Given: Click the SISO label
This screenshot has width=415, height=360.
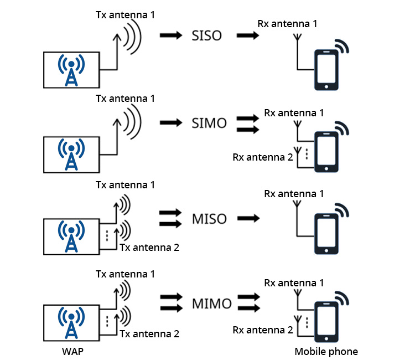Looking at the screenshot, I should [x=206, y=36].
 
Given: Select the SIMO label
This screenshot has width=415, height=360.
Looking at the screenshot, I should [x=209, y=123].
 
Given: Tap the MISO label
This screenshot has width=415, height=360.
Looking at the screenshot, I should [x=209, y=219].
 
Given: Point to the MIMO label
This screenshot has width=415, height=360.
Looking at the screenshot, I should [x=211, y=304].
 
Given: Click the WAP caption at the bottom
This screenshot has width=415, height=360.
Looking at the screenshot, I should [x=73, y=352].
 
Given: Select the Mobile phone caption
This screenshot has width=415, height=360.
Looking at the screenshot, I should [x=326, y=352].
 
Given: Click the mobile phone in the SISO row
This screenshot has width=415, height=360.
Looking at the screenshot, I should [x=326, y=70].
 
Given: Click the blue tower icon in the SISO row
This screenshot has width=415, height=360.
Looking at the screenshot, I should [x=71, y=70].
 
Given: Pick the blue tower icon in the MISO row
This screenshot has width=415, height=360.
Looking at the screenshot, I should [x=71, y=236].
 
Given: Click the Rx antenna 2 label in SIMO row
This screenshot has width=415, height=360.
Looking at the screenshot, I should [x=263, y=157].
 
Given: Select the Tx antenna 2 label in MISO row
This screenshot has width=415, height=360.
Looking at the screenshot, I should [x=149, y=247].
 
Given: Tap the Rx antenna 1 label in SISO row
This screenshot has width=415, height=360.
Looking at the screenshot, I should [x=287, y=24].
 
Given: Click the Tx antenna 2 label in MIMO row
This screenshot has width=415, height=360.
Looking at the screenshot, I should [x=149, y=334].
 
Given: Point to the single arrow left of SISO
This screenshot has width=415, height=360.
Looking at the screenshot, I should [x=170, y=36].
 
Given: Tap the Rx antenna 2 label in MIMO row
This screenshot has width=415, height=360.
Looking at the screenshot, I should [x=263, y=330].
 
